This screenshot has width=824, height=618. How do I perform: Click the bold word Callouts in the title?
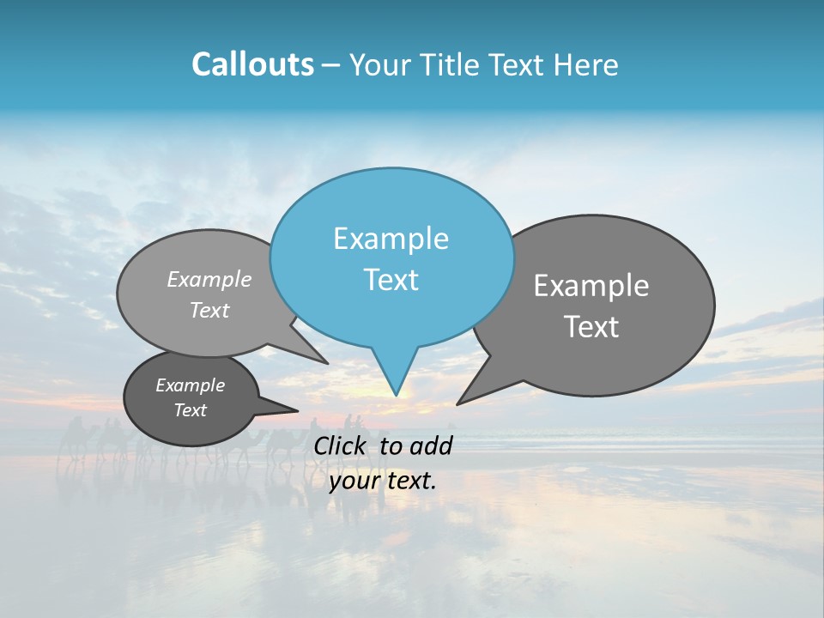tap(252, 64)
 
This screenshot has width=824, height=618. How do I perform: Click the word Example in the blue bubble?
tap(391, 239)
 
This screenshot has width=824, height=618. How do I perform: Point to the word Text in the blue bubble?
tap(391, 280)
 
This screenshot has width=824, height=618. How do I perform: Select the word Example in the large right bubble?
tap(591, 286)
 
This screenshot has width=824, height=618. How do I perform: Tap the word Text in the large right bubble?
tap(591, 327)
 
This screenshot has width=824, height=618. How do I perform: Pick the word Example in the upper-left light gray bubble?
tap(209, 280)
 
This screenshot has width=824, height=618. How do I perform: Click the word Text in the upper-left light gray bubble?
tap(209, 310)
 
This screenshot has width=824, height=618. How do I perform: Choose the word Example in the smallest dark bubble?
tap(190, 385)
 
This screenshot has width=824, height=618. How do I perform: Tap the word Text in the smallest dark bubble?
tap(190, 410)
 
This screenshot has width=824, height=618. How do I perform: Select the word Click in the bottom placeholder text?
tap(342, 445)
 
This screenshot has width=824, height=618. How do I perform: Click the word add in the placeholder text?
tap(430, 445)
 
